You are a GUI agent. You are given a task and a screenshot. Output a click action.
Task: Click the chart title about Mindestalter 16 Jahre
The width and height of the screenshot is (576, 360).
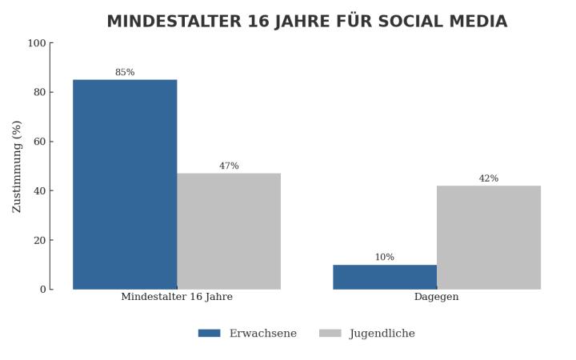pyautogui.click(x=306, y=22)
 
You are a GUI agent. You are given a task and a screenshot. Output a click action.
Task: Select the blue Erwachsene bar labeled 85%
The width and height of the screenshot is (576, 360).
pyautogui.click(x=125, y=184)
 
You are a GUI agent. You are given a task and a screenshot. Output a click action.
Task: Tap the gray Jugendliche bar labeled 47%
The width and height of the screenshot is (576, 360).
pyautogui.click(x=229, y=231)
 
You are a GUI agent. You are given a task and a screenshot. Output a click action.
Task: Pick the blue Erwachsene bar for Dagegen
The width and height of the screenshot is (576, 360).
pyautogui.click(x=385, y=277)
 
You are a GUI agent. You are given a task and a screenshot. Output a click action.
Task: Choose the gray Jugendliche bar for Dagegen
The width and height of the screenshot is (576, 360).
pyautogui.click(x=489, y=237)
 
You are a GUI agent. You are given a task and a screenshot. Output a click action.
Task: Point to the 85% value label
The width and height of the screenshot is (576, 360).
pyautogui.click(x=125, y=73)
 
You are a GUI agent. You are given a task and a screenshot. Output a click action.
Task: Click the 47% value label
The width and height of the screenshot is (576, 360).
pyautogui.click(x=229, y=166)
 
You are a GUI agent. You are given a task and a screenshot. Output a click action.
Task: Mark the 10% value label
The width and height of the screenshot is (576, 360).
pyautogui.click(x=385, y=258)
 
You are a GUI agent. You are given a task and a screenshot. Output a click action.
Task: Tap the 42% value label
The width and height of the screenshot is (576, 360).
pyautogui.click(x=489, y=178)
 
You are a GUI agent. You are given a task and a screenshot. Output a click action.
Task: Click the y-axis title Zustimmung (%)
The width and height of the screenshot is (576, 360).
pyautogui.click(x=18, y=166)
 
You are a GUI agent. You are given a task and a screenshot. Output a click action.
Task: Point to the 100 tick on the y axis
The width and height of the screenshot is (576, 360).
pyautogui.click(x=37, y=43)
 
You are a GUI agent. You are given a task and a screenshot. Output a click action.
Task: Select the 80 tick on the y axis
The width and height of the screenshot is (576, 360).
pyautogui.click(x=39, y=92)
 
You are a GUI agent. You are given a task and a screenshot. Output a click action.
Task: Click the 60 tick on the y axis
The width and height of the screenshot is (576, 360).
pyautogui.click(x=39, y=142)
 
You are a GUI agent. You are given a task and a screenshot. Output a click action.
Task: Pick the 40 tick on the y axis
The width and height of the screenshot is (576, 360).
pyautogui.click(x=39, y=191)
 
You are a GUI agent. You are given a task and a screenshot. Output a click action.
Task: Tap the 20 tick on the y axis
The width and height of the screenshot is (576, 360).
pyautogui.click(x=39, y=240)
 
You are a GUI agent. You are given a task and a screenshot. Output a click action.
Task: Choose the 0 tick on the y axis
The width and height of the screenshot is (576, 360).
pyautogui.click(x=42, y=290)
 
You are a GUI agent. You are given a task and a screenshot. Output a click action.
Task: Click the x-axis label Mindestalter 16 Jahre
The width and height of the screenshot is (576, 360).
pyautogui.click(x=177, y=297)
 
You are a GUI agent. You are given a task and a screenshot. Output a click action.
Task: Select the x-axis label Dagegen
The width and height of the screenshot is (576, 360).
pyautogui.click(x=437, y=297)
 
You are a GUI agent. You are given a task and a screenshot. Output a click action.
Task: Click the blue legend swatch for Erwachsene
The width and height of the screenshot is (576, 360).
pyautogui.click(x=209, y=334)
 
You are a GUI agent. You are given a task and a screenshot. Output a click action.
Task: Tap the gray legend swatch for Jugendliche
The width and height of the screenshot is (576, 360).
pyautogui.click(x=330, y=334)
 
